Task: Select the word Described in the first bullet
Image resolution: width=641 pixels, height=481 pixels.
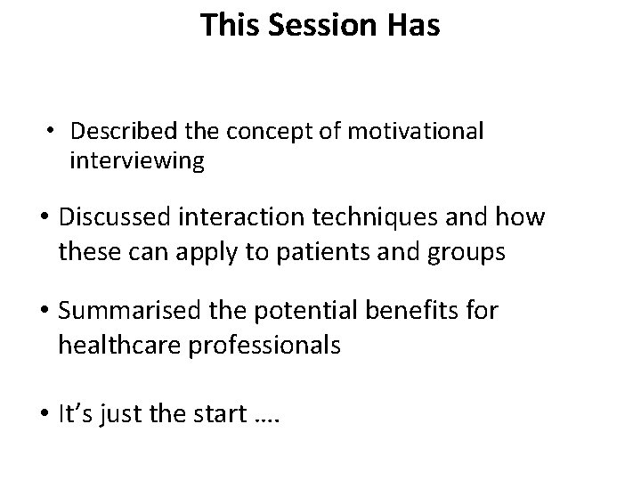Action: point(118,132)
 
